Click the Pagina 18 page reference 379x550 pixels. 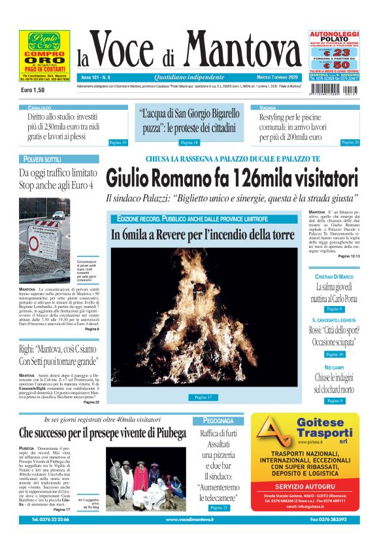[x=189, y=142]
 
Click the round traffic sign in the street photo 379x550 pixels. [x=34, y=244]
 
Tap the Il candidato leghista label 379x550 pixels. [x=333, y=320]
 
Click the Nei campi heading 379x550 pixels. [x=334, y=368]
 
